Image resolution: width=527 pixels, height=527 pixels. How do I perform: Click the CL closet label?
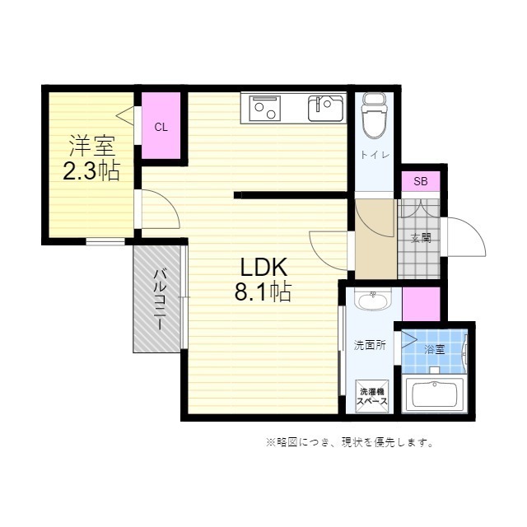click(x=161, y=128)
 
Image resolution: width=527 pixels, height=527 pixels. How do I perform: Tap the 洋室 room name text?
click(x=92, y=147)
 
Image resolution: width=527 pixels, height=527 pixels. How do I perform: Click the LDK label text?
click(x=263, y=267)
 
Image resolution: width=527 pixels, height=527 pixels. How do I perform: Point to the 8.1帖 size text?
click(x=263, y=291)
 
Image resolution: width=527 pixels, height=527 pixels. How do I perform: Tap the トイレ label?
click(x=375, y=155)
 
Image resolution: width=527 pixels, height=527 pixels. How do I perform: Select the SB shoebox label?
click(x=421, y=181)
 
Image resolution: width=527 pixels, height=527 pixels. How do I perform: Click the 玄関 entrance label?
click(x=421, y=238)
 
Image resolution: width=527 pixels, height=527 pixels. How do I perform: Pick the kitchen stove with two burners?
click(x=265, y=108)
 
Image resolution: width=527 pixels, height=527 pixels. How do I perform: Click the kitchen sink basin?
click(x=326, y=108)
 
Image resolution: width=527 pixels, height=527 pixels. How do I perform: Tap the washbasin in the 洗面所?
click(x=373, y=298)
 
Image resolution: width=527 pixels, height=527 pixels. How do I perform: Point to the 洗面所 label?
click(x=370, y=345)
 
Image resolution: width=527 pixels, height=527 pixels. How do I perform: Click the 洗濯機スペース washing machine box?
click(x=372, y=396)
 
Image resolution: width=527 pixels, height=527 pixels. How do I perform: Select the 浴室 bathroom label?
click(x=434, y=349)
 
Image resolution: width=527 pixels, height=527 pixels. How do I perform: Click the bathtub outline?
click(x=435, y=394)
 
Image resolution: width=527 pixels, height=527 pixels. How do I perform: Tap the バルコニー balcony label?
click(x=160, y=300)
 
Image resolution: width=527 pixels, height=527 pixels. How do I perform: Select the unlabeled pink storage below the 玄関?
click(x=421, y=304)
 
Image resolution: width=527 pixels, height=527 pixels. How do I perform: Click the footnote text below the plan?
click(x=349, y=442)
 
